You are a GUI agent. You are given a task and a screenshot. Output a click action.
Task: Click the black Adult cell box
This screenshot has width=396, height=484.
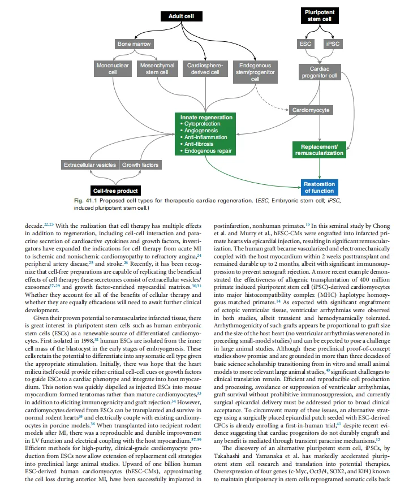point(181,16)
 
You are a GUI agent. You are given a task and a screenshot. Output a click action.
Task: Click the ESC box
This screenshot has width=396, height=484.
point(305,44)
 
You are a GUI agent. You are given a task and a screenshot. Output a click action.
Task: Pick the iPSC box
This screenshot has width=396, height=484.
point(332,44)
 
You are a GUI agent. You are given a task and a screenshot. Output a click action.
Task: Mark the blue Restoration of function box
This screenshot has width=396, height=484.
point(318,188)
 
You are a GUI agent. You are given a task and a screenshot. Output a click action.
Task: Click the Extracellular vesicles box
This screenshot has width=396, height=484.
point(89,165)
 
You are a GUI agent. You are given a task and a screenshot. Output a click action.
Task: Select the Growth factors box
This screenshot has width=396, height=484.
point(140,165)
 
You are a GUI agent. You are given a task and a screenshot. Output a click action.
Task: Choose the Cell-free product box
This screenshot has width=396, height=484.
point(115,191)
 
